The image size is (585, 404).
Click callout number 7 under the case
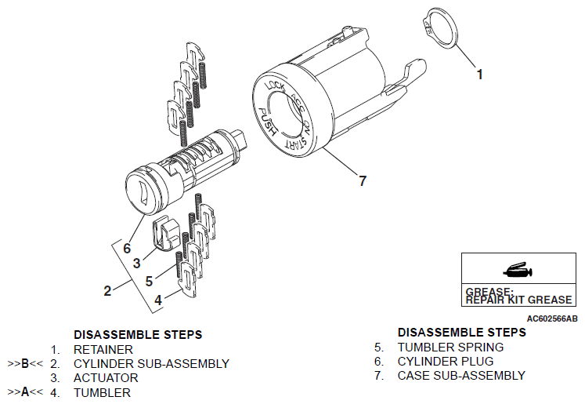coord(362,181)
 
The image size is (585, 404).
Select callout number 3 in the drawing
coord(136,264)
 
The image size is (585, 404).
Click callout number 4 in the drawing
coord(157,299)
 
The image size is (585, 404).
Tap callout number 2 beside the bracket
coord(107,290)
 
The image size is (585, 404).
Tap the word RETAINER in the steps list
coord(103,349)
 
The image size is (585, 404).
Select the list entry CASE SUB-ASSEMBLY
coord(461,375)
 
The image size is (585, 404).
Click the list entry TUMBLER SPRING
coord(450,347)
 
